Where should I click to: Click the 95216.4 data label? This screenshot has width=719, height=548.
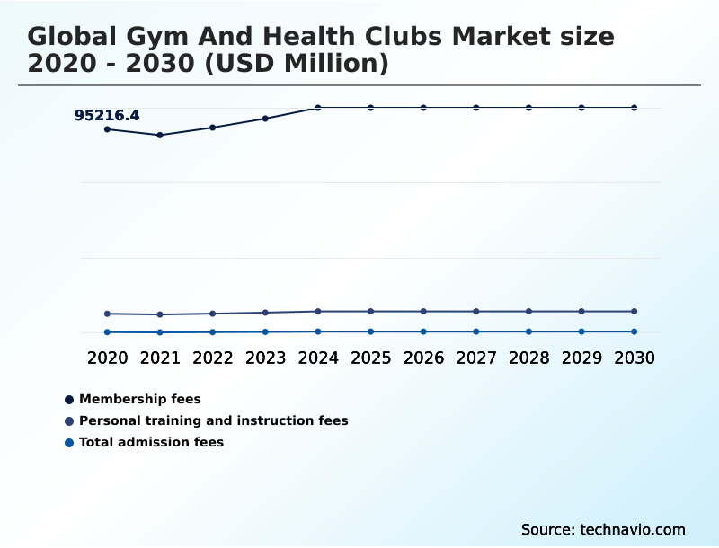(x=107, y=115)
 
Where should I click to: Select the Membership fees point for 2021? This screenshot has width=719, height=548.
(x=160, y=135)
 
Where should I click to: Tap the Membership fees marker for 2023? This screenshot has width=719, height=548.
(x=265, y=119)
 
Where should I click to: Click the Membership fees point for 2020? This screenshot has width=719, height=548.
(x=107, y=129)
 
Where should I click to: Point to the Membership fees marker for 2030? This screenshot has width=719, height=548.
(x=634, y=108)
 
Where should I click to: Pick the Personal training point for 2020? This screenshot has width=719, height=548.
(x=107, y=314)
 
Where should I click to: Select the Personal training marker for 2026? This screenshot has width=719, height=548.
(x=423, y=311)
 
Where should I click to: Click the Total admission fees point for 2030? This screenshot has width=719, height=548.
(x=634, y=331)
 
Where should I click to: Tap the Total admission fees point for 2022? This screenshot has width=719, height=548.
(x=213, y=332)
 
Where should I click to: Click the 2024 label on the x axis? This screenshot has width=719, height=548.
(x=318, y=358)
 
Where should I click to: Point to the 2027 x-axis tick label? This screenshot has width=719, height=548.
(x=476, y=358)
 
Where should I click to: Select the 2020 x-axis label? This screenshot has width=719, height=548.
(x=107, y=358)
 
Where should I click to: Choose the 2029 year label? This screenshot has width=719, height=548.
(x=581, y=358)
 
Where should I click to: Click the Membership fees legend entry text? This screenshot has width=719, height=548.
(x=140, y=399)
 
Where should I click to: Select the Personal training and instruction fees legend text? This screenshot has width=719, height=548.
(x=214, y=420)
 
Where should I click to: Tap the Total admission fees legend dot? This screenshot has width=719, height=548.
(x=69, y=443)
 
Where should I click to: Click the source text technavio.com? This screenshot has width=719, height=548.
(x=633, y=529)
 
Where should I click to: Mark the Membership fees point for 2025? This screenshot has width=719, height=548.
(x=370, y=108)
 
